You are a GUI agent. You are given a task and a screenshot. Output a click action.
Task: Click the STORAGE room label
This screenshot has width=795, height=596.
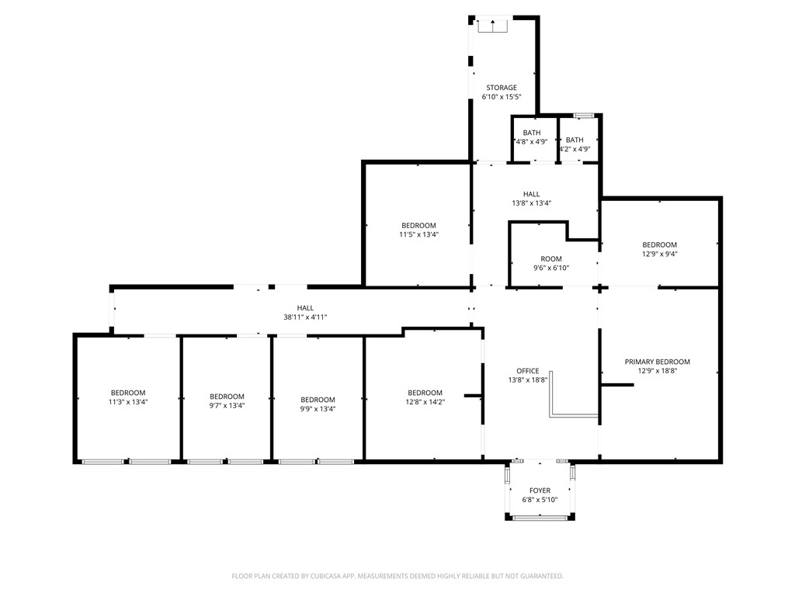click(x=501, y=88)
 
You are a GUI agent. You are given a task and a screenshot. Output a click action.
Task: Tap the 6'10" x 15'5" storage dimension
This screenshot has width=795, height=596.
click(x=501, y=97)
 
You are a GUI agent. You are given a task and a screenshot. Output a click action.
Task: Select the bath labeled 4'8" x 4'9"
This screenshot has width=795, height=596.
click(x=532, y=137)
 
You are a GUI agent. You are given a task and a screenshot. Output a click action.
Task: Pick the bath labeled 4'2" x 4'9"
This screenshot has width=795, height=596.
click(x=575, y=137)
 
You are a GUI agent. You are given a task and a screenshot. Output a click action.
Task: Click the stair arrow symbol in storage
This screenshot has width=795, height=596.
click(x=492, y=26)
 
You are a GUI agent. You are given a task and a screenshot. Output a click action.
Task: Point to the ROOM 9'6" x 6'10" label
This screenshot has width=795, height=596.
click(x=551, y=263)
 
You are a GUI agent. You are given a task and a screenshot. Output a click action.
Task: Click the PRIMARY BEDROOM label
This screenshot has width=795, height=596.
click(x=658, y=362)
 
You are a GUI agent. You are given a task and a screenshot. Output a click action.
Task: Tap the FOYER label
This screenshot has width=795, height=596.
click(x=540, y=490)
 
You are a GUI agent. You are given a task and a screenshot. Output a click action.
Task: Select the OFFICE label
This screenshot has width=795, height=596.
click(x=528, y=371)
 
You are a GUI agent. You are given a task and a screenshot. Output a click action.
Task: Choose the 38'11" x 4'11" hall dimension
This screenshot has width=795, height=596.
click(x=305, y=317)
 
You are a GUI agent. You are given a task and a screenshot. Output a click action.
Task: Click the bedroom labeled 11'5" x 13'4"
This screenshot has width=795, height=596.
click(x=418, y=230)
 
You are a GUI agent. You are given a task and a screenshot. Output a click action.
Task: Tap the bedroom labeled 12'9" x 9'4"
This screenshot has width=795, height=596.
click(x=659, y=249)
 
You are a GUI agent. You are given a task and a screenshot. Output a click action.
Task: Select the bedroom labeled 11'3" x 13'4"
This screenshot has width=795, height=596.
click(x=128, y=397)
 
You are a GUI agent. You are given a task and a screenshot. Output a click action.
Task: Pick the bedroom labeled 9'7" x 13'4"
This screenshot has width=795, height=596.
click(x=227, y=401)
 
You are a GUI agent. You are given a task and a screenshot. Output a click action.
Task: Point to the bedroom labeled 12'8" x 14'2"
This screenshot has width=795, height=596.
click(x=425, y=397)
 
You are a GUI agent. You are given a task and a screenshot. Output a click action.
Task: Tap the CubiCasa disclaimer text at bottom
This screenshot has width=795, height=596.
click(x=397, y=576)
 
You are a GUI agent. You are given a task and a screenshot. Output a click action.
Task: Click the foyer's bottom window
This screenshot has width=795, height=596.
click(x=540, y=518)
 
